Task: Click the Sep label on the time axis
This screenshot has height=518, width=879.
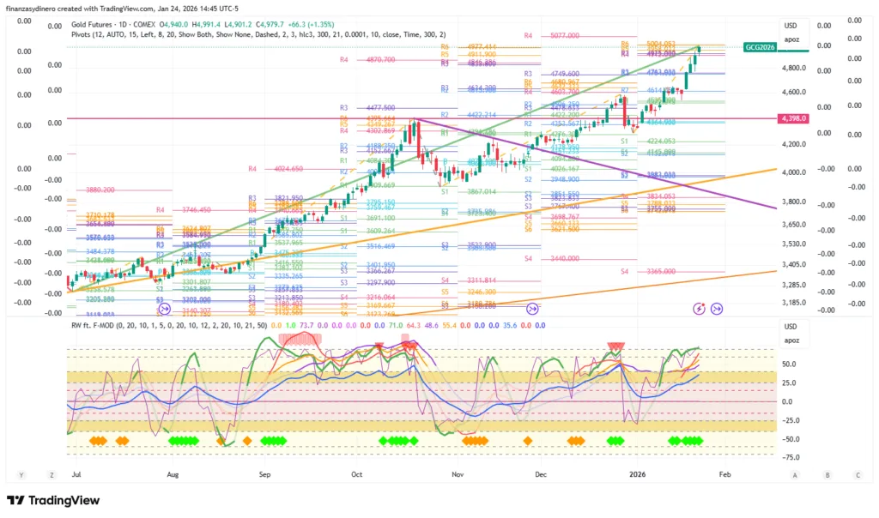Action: click(x=264, y=473)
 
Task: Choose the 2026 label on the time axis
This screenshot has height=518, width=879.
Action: click(x=637, y=473)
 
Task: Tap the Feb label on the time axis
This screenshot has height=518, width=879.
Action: click(x=724, y=473)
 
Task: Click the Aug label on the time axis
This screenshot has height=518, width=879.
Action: click(x=173, y=473)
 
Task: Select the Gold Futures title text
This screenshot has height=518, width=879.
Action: click(x=96, y=26)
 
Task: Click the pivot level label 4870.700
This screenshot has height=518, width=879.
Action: click(x=379, y=60)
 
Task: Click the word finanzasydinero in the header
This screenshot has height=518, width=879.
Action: click(x=36, y=8)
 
